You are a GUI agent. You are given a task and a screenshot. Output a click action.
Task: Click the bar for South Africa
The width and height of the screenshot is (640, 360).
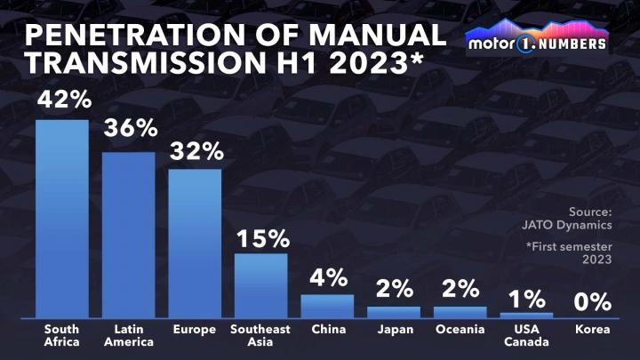(x=61, y=218)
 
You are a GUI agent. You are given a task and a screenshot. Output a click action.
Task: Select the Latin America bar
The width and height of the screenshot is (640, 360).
(x=128, y=235)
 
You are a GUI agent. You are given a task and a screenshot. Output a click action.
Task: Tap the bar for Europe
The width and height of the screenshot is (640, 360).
(x=195, y=243)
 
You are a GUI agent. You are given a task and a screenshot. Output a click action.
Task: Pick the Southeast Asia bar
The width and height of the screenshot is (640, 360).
(x=260, y=284)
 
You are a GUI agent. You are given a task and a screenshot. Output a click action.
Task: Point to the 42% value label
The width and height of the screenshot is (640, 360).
(x=61, y=100)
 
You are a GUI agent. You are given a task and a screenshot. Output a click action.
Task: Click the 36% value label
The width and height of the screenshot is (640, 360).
(x=128, y=129)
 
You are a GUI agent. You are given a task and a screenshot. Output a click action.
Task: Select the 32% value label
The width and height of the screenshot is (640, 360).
(x=195, y=150)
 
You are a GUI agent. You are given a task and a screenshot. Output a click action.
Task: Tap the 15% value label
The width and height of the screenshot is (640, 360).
(x=261, y=237)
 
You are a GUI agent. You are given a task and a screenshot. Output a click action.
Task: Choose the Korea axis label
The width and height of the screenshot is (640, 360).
(x=593, y=330)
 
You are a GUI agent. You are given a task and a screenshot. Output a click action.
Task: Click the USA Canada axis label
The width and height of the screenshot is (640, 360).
(x=526, y=335)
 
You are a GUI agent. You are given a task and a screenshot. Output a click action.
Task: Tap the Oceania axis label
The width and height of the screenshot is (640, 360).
(x=460, y=330)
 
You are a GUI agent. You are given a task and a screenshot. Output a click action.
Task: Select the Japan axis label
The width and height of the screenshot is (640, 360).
(x=394, y=330)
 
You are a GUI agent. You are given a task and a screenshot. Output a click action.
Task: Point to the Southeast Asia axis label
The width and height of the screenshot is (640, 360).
(x=260, y=335)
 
